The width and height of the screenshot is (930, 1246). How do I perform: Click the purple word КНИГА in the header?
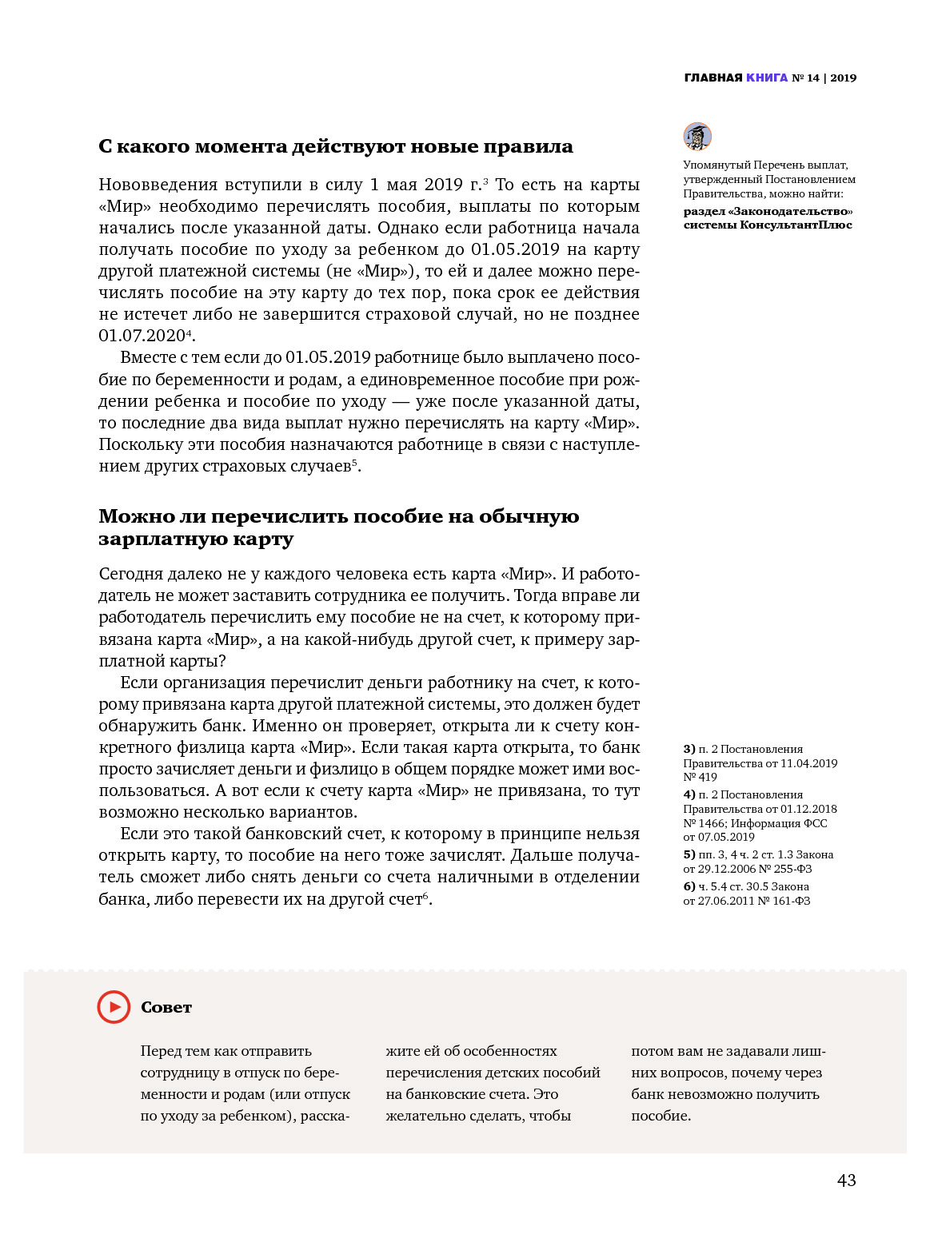pyautogui.click(x=767, y=78)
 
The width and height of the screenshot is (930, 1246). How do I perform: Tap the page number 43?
pyautogui.click(x=846, y=1180)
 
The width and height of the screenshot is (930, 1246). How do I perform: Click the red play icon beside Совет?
pyautogui.click(x=114, y=1007)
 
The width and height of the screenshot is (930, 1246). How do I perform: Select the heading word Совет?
pyautogui.click(x=166, y=1008)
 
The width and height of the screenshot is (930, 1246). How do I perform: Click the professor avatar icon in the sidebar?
pyautogui.click(x=697, y=137)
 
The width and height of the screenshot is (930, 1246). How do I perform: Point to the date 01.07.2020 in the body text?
pyautogui.click(x=142, y=336)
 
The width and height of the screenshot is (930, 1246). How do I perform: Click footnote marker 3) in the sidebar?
pyautogui.click(x=689, y=749)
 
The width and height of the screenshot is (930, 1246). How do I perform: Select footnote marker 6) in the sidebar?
pyautogui.click(x=689, y=886)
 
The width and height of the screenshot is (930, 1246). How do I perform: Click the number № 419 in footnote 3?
pyautogui.click(x=700, y=777)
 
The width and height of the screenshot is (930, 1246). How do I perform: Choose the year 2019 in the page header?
pyautogui.click(x=843, y=78)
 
